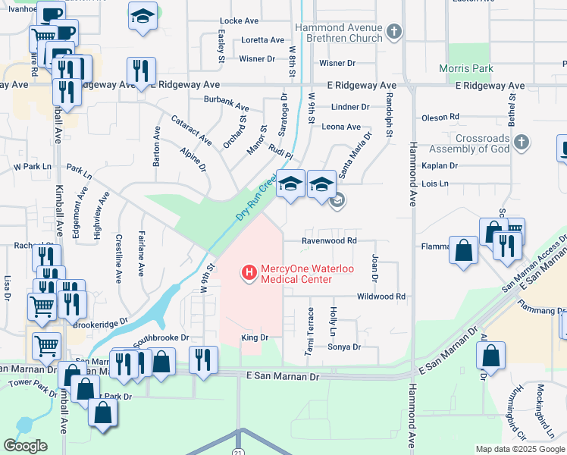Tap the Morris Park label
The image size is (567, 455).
pyautogui.click(x=470, y=69)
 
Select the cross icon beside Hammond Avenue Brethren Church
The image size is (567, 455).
pyautogui.click(x=393, y=31)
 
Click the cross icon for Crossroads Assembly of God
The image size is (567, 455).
pyautogui.click(x=520, y=142)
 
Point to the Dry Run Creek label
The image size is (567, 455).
pyautogui.click(x=255, y=199)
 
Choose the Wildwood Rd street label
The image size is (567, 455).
pyautogui.click(x=381, y=297)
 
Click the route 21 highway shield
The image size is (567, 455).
pyautogui.click(x=239, y=452)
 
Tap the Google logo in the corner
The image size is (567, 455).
pyautogui.click(x=25, y=445)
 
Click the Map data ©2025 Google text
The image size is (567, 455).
pyautogui.click(x=520, y=449)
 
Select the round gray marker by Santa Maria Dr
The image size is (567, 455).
pyautogui.click(x=338, y=201)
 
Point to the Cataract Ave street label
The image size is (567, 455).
pyautogui.click(x=191, y=130)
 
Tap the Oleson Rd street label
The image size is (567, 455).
pyautogui.click(x=440, y=117)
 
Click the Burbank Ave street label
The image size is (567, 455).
pyautogui.click(x=226, y=104)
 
